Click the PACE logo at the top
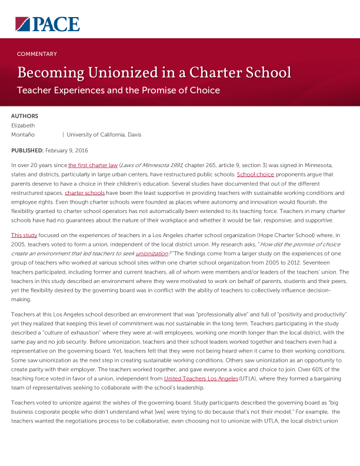(47, 24)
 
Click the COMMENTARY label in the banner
(37, 54)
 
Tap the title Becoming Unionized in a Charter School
(154, 73)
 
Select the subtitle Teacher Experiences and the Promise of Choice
(118, 91)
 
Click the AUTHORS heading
(25, 116)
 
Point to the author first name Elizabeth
(24, 125)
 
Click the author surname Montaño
(23, 135)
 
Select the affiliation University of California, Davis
(104, 135)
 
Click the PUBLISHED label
(27, 151)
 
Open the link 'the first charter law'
(92, 166)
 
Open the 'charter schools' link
(85, 193)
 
